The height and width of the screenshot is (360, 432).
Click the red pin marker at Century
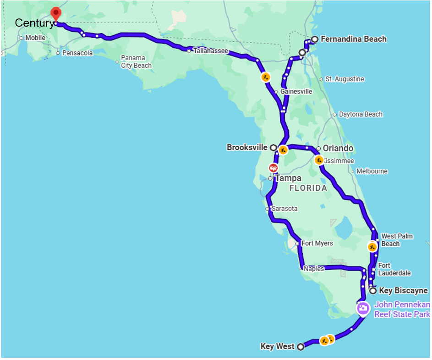[x=55, y=13]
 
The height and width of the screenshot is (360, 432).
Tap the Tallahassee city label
[x=210, y=51]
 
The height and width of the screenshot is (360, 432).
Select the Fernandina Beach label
[x=353, y=39]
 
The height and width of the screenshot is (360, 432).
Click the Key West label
[x=277, y=346]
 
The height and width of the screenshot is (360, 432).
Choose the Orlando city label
[x=338, y=148]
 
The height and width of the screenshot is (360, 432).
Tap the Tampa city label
[x=288, y=178]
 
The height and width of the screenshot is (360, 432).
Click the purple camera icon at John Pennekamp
[x=363, y=308]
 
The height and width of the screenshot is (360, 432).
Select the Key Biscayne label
[x=403, y=291]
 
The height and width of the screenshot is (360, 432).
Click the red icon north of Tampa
[x=273, y=168]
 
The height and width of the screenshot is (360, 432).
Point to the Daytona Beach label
[x=361, y=114]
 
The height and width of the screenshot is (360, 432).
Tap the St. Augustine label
[x=345, y=79]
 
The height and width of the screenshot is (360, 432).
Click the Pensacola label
[x=77, y=53]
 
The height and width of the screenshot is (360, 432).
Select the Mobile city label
[x=35, y=38]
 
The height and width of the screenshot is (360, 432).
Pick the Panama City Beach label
[x=136, y=61]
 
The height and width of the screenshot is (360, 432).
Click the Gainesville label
[x=296, y=91]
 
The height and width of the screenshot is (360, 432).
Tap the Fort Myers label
[x=317, y=243]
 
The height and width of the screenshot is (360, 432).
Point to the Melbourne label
[x=372, y=171]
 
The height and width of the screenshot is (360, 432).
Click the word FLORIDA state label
[x=308, y=188]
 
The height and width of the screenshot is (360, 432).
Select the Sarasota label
[x=284, y=209]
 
